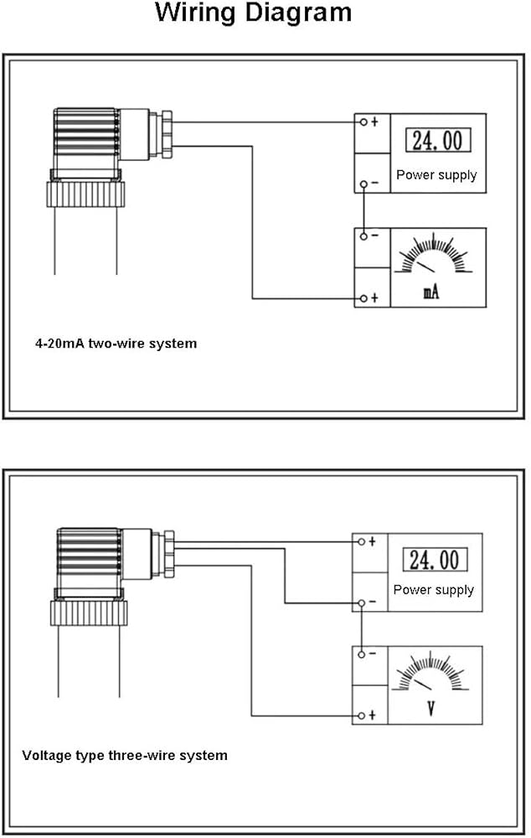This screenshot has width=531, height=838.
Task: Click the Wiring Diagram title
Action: [253, 13]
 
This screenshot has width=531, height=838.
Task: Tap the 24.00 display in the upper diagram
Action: [438, 140]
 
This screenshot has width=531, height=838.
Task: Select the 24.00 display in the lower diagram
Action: [435, 560]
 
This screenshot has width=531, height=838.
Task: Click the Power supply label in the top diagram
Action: [436, 175]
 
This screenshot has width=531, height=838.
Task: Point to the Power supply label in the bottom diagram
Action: [434, 590]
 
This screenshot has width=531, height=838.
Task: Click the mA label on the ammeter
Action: [431, 292]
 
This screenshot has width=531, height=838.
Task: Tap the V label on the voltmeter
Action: [430, 709]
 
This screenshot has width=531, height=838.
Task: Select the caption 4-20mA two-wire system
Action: [116, 343]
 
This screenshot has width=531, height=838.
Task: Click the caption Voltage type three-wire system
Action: [125, 755]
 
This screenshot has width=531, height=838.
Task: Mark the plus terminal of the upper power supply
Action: [363, 122]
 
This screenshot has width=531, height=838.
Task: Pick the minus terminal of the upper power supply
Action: [363, 184]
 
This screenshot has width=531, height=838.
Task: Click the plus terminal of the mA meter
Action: [363, 298]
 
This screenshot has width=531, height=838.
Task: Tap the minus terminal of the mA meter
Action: [363, 235]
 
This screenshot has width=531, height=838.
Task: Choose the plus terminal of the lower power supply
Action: [361, 541]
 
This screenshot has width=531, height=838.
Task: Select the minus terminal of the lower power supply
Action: [361, 603]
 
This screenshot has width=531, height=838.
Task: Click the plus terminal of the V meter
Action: [361, 715]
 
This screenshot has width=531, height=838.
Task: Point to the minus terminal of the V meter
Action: [361, 654]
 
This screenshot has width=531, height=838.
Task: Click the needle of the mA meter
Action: [425, 266]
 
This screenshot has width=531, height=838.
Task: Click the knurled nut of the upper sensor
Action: [85, 194]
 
